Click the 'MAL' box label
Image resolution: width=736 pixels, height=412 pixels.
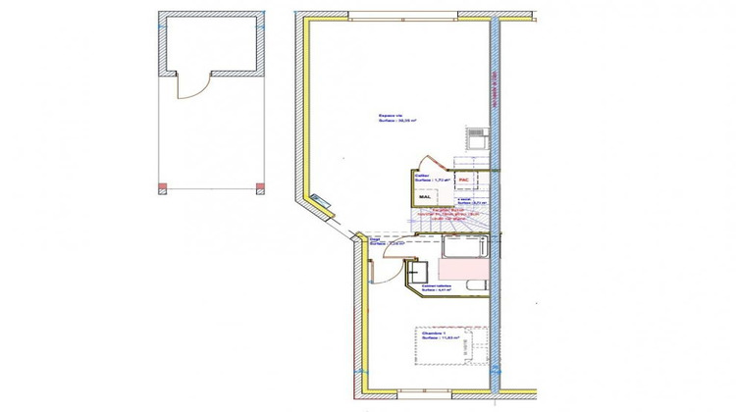425,197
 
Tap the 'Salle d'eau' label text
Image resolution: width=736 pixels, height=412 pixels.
436,285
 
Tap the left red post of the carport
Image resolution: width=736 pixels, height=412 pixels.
162,187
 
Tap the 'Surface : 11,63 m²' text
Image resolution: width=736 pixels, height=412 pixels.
439,339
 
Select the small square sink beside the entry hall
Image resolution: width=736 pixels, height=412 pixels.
419,270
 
